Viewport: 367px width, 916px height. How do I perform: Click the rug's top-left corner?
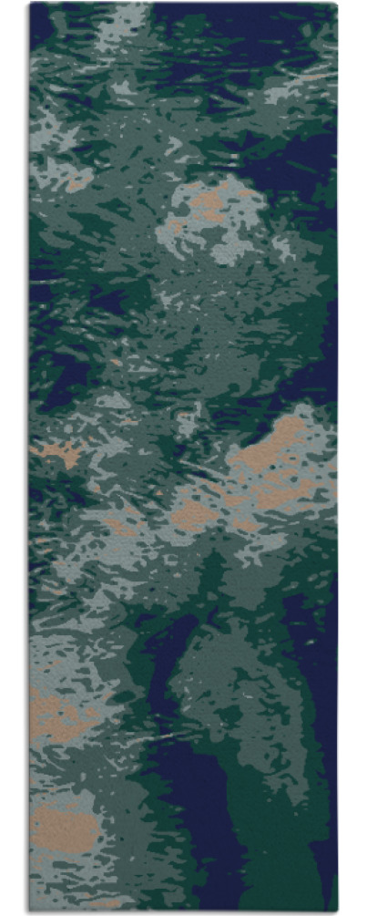point(29,4)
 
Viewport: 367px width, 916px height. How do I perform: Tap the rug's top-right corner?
point(337,4)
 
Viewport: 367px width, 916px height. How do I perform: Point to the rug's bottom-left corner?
point(29,911)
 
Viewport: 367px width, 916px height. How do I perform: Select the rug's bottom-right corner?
point(337,911)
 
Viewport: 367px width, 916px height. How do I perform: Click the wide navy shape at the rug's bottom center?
point(196,820)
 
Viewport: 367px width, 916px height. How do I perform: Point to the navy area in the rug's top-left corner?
point(41,23)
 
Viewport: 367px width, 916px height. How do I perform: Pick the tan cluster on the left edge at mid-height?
point(59,452)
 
